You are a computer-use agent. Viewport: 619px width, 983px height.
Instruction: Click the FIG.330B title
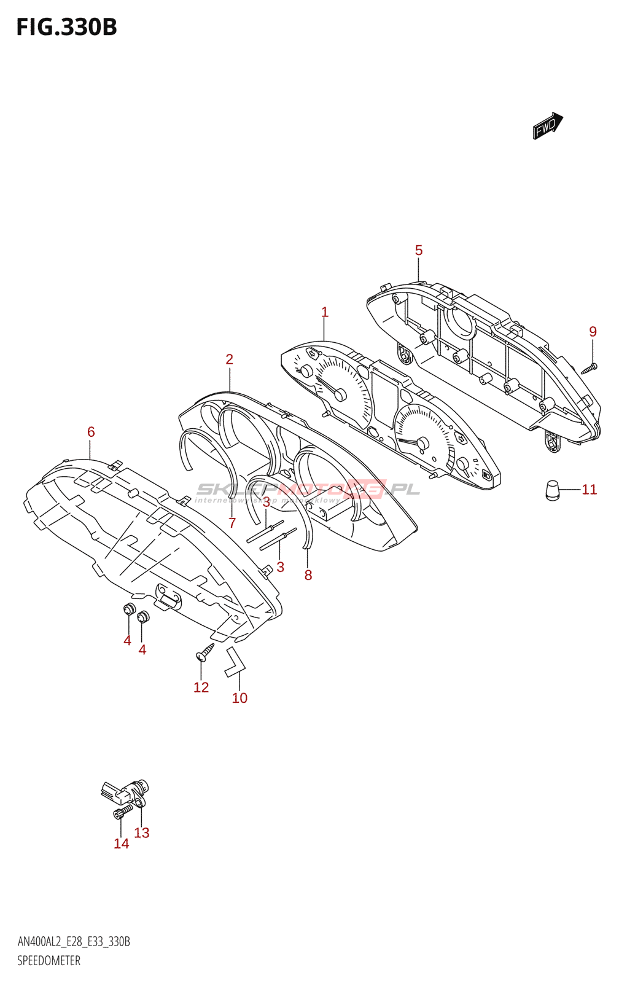point(66,28)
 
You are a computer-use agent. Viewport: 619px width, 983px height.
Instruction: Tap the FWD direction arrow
point(547,126)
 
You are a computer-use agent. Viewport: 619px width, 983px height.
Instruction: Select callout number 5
point(419,250)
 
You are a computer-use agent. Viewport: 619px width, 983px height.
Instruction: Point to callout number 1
point(325,312)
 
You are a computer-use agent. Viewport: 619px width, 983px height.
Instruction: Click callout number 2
point(229,359)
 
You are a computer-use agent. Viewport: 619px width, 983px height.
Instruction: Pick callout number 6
point(91,432)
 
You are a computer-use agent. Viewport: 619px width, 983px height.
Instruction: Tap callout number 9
point(593,332)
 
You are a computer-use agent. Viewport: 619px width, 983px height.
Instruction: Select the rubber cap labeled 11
point(553,490)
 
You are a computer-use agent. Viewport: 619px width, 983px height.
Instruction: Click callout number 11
point(589,490)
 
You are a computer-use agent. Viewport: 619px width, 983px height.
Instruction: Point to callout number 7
point(232,523)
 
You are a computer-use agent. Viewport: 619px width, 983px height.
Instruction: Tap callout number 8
point(308,575)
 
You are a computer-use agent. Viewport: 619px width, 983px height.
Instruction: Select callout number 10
point(239,698)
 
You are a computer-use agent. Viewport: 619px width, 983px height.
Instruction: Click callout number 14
point(122,844)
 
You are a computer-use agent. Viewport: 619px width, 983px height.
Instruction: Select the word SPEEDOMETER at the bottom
point(49,961)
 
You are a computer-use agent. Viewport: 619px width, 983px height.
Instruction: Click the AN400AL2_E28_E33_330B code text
point(74,942)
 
